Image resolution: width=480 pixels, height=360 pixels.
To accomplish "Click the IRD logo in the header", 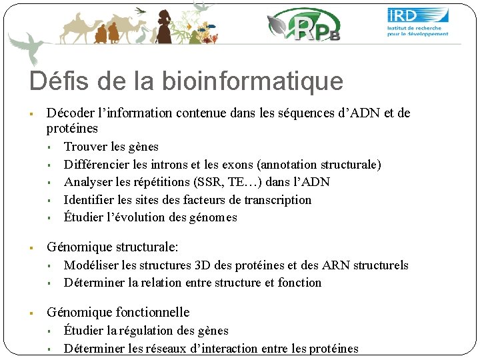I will pyautogui.click(x=418, y=22).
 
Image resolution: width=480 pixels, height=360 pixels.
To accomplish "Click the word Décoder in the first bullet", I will pyautogui.click(x=70, y=113).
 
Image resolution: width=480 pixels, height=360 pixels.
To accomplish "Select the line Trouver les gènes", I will pyautogui.click(x=111, y=147).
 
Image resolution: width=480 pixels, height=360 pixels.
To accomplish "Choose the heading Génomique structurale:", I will pyautogui.click(x=113, y=247).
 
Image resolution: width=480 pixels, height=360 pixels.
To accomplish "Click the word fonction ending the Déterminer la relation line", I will pyautogui.click(x=299, y=283).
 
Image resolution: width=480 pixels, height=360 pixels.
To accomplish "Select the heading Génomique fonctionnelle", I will pyautogui.click(x=118, y=312).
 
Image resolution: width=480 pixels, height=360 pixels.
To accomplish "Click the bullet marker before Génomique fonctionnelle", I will pyautogui.click(x=32, y=313).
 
